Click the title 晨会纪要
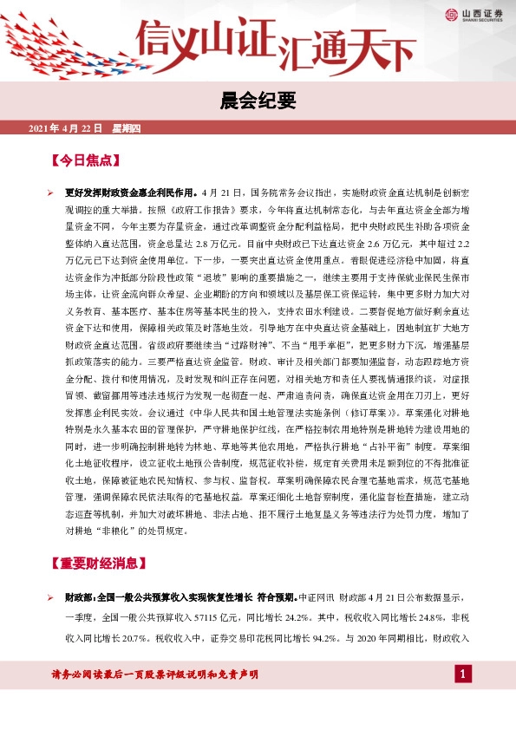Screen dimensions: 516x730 click(x=258, y=102)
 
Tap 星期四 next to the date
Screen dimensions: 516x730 click(x=132, y=128)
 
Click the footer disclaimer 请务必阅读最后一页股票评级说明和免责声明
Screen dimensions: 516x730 click(x=156, y=675)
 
